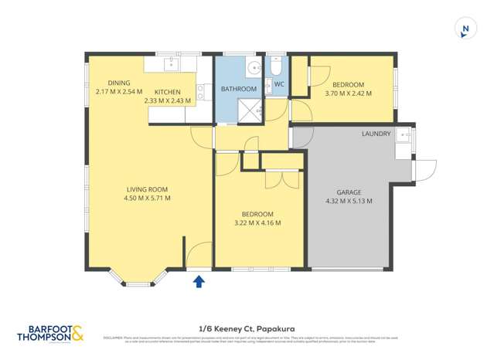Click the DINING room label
tap(119, 83)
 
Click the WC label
tap(279, 83)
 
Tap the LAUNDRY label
tap(376, 134)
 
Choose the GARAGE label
tap(350, 192)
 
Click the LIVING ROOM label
tap(147, 189)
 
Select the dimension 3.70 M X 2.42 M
tap(349, 93)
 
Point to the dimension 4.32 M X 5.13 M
tap(349, 201)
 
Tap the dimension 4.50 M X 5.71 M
tap(147, 199)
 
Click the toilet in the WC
tap(277, 67)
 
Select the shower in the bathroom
tap(247, 110)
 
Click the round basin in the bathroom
tap(253, 68)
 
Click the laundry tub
tap(403, 138)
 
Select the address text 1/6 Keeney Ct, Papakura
tap(247, 328)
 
